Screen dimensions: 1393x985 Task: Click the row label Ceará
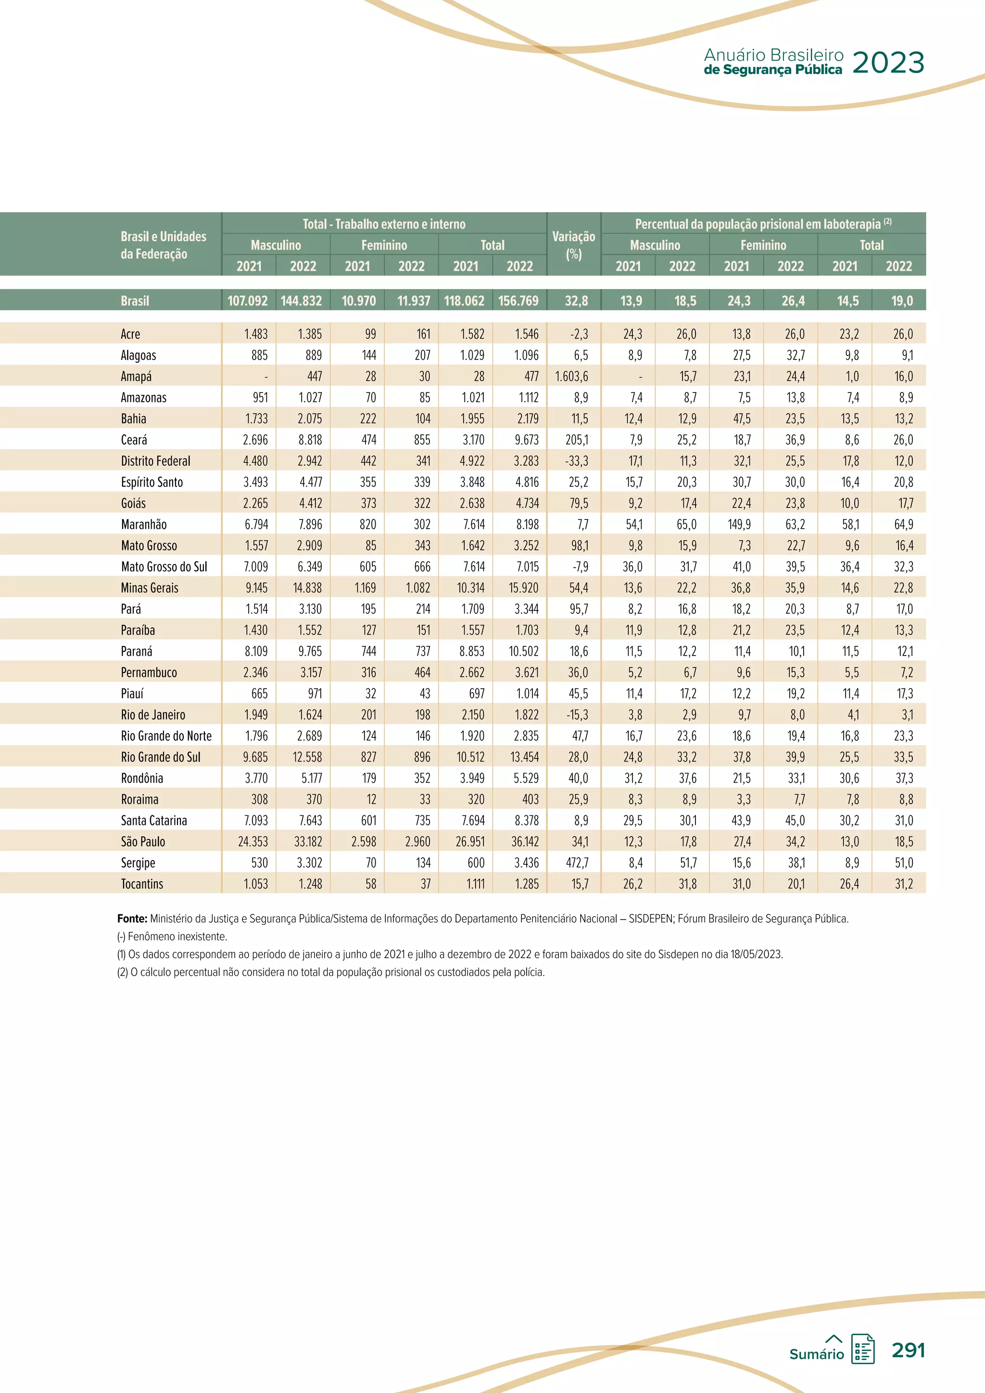(134, 440)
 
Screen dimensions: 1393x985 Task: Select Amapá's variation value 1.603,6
(571, 377)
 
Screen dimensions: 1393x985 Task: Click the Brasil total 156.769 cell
(518, 301)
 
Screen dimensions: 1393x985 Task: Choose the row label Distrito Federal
(155, 461)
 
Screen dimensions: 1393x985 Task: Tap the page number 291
(908, 1350)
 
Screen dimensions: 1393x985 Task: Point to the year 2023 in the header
(888, 63)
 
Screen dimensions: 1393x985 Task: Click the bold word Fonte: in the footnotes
(132, 919)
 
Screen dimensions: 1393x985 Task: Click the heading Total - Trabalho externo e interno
(384, 224)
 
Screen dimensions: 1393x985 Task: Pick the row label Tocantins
(142, 884)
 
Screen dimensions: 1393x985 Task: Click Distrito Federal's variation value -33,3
(576, 461)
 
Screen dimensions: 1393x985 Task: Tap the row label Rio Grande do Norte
(166, 736)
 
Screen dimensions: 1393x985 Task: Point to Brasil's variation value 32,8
(576, 301)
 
